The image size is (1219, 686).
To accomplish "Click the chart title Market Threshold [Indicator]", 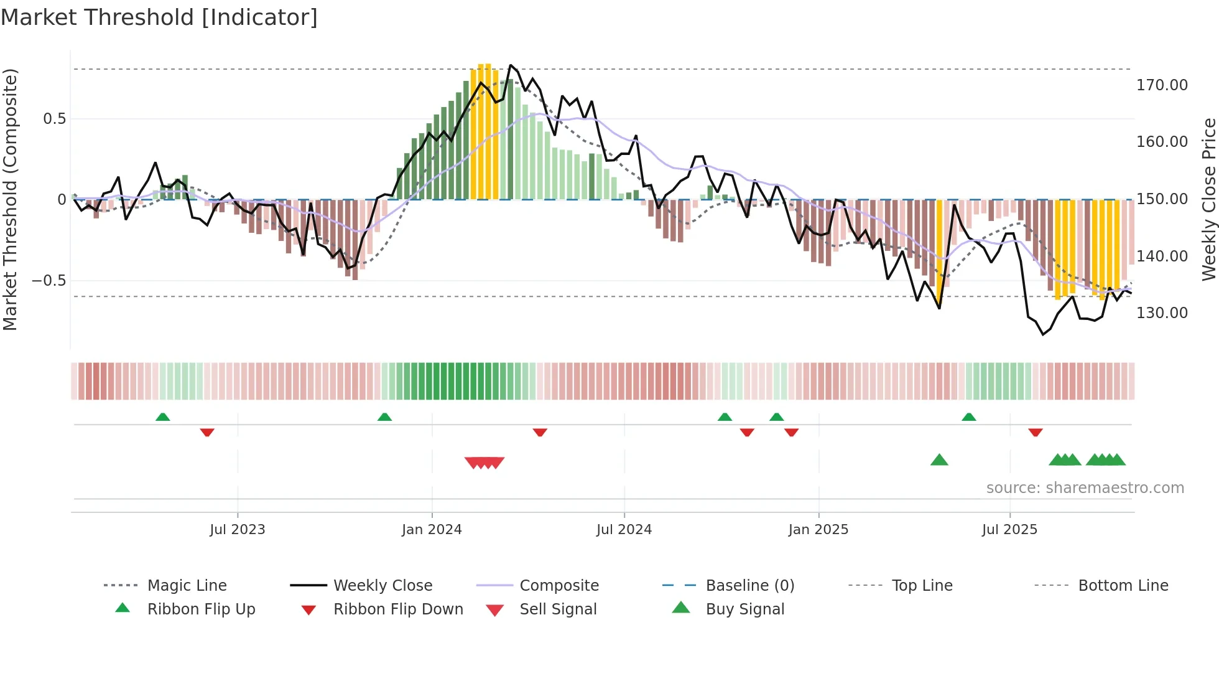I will pyautogui.click(x=159, y=17).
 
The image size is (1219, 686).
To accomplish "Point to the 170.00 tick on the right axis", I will pyautogui.click(x=1162, y=85).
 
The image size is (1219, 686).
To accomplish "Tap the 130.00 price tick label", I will pyautogui.click(x=1162, y=313).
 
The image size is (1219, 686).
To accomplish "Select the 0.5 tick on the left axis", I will pyautogui.click(x=55, y=119).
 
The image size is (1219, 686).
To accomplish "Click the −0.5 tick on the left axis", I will pyautogui.click(x=49, y=281).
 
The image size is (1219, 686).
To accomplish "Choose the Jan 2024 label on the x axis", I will pyautogui.click(x=432, y=530).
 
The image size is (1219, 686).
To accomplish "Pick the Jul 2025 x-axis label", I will pyautogui.click(x=1009, y=530).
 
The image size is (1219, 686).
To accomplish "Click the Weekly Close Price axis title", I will pyautogui.click(x=1208, y=199).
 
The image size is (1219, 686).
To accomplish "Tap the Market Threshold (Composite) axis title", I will pyautogui.click(x=10, y=199).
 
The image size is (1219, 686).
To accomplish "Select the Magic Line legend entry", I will pyautogui.click(x=187, y=586).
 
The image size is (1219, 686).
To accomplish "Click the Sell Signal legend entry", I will pyautogui.click(x=558, y=609).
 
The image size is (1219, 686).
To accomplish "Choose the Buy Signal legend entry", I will pyautogui.click(x=744, y=609).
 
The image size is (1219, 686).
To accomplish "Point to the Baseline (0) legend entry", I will pyautogui.click(x=749, y=586).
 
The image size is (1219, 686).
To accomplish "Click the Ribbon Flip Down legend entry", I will pyautogui.click(x=398, y=609).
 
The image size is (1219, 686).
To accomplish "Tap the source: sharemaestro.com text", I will pyautogui.click(x=1085, y=488).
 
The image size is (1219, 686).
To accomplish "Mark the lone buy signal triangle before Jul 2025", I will pyautogui.click(x=939, y=460).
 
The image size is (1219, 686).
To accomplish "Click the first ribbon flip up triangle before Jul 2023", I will pyautogui.click(x=162, y=416).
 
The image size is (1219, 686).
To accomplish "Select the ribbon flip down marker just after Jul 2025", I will pyautogui.click(x=1036, y=432).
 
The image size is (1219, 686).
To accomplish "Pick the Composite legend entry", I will pyautogui.click(x=559, y=586).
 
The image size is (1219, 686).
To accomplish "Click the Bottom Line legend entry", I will pyautogui.click(x=1123, y=586).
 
